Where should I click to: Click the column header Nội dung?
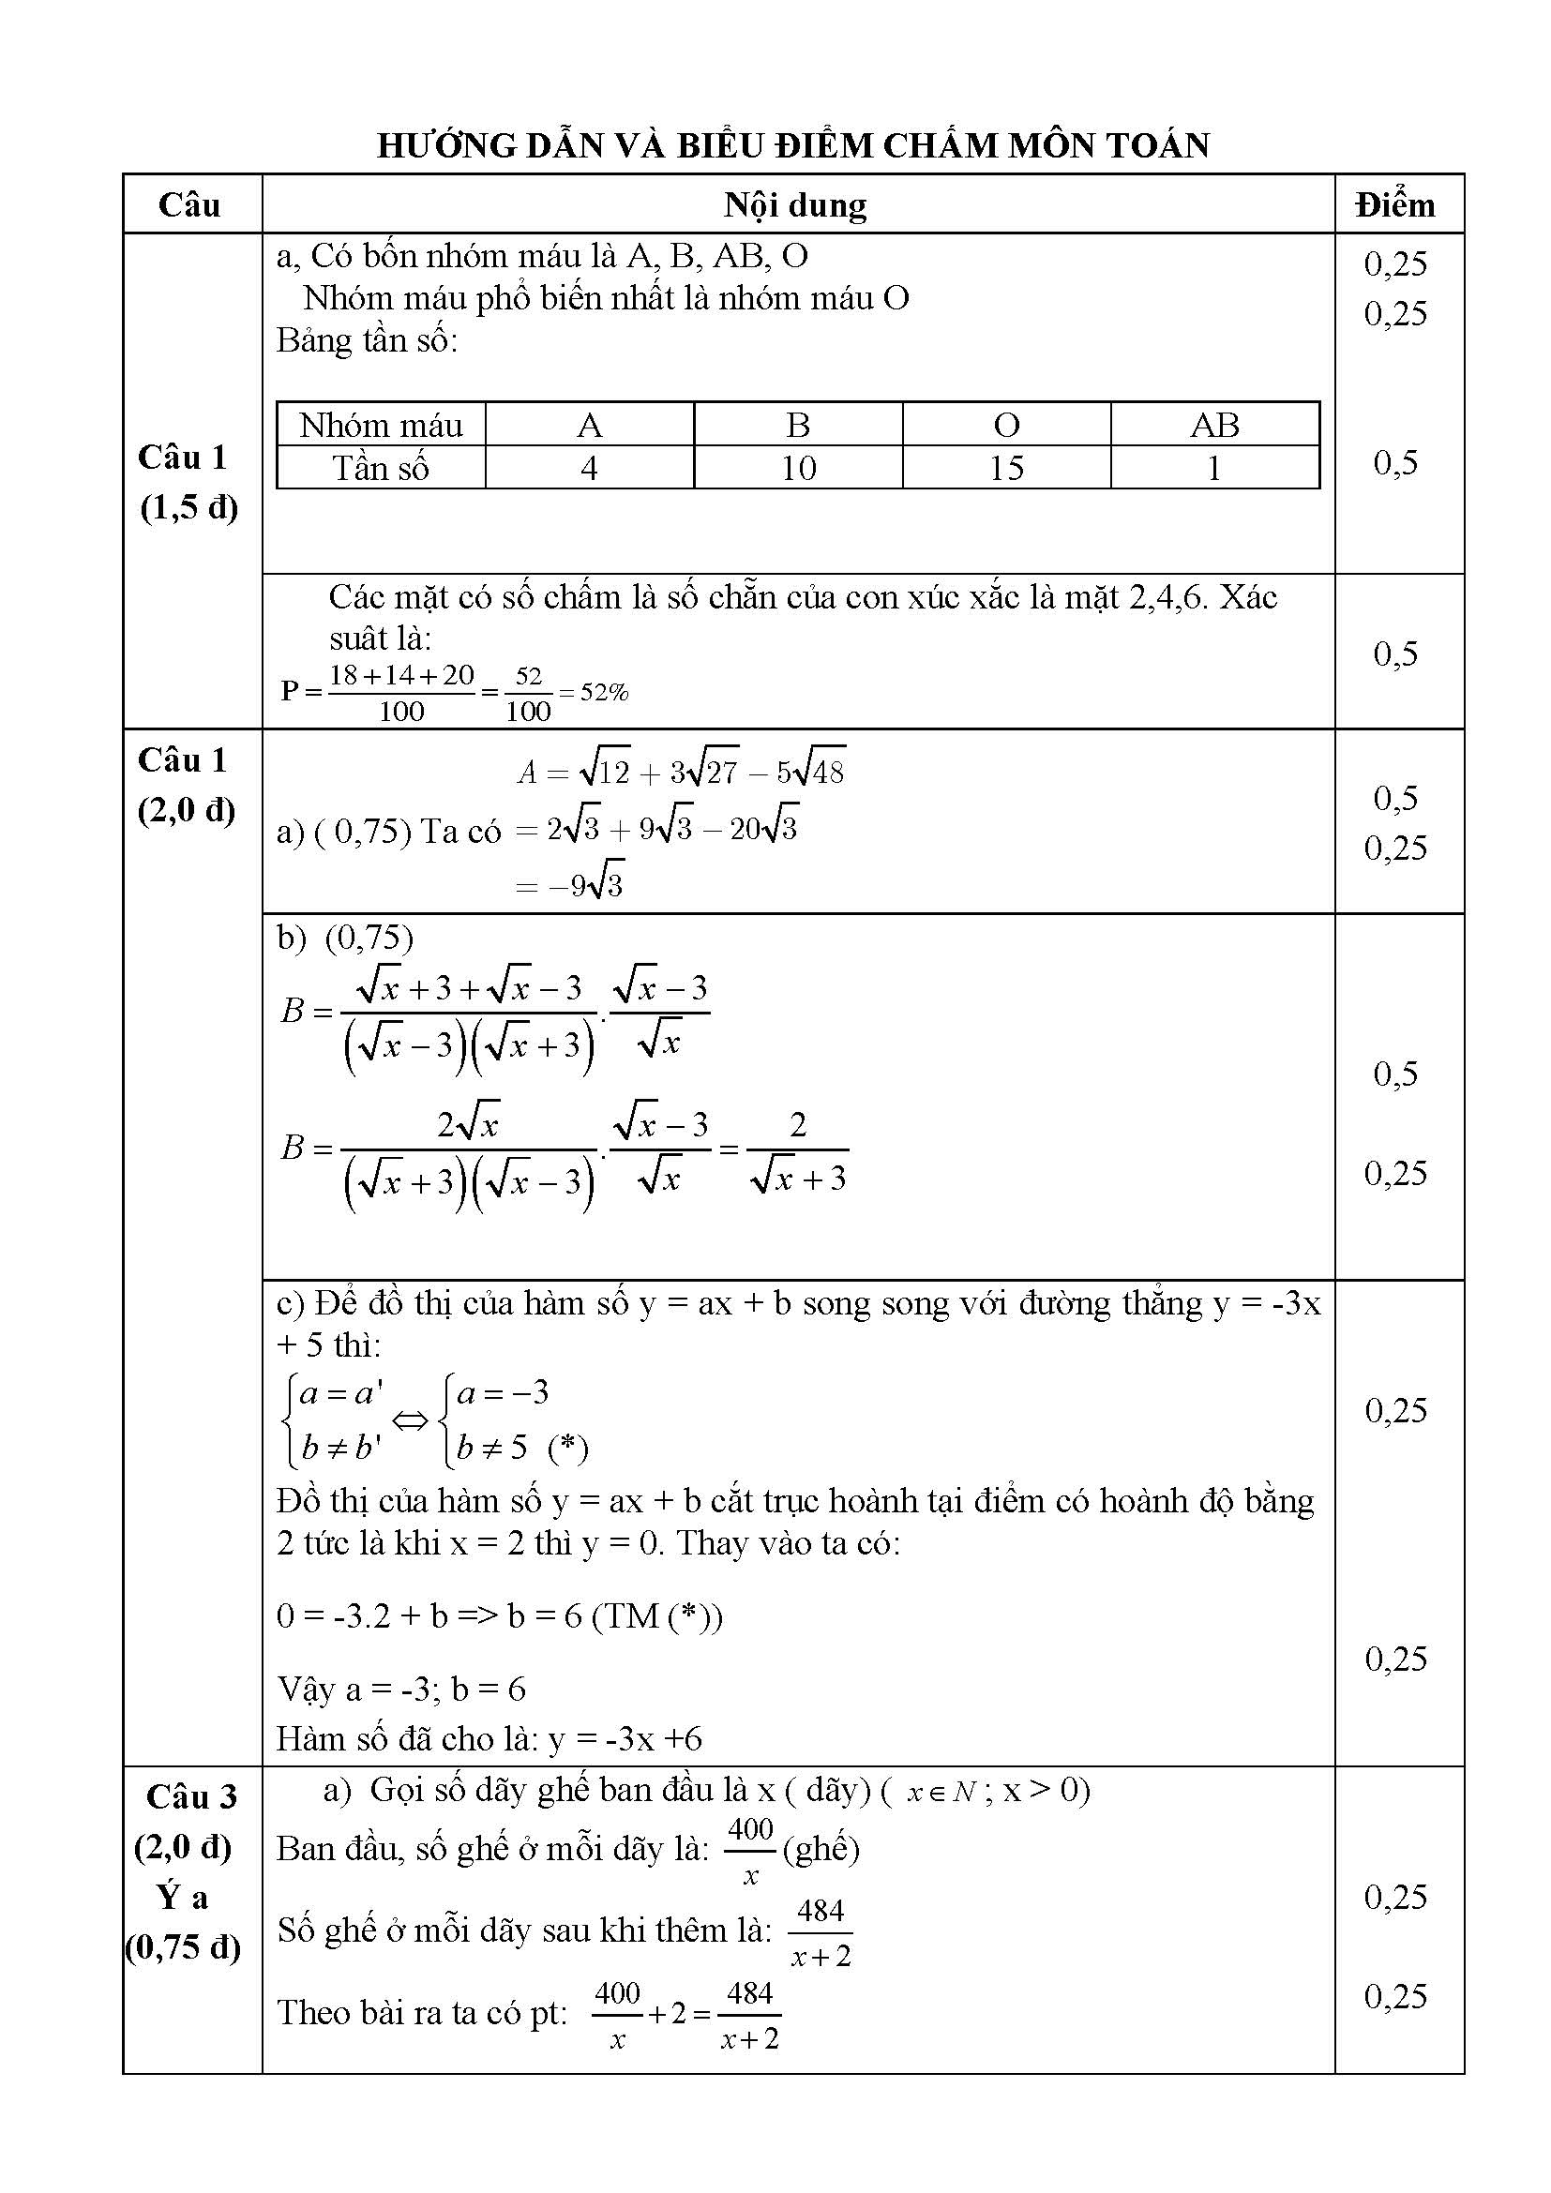(794, 205)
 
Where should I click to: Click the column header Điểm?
(1395, 205)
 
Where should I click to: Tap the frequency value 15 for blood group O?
(1005, 468)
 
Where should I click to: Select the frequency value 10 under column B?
(797, 468)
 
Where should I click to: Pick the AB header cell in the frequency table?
(1213, 425)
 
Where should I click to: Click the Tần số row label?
(380, 468)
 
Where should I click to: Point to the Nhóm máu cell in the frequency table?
(380, 425)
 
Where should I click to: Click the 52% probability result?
(605, 693)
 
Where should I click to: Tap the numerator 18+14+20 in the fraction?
(401, 675)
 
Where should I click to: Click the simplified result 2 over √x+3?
(798, 1151)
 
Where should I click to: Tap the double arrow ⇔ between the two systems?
(411, 1421)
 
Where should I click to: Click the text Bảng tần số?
(367, 341)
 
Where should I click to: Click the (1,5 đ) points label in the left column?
(189, 507)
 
